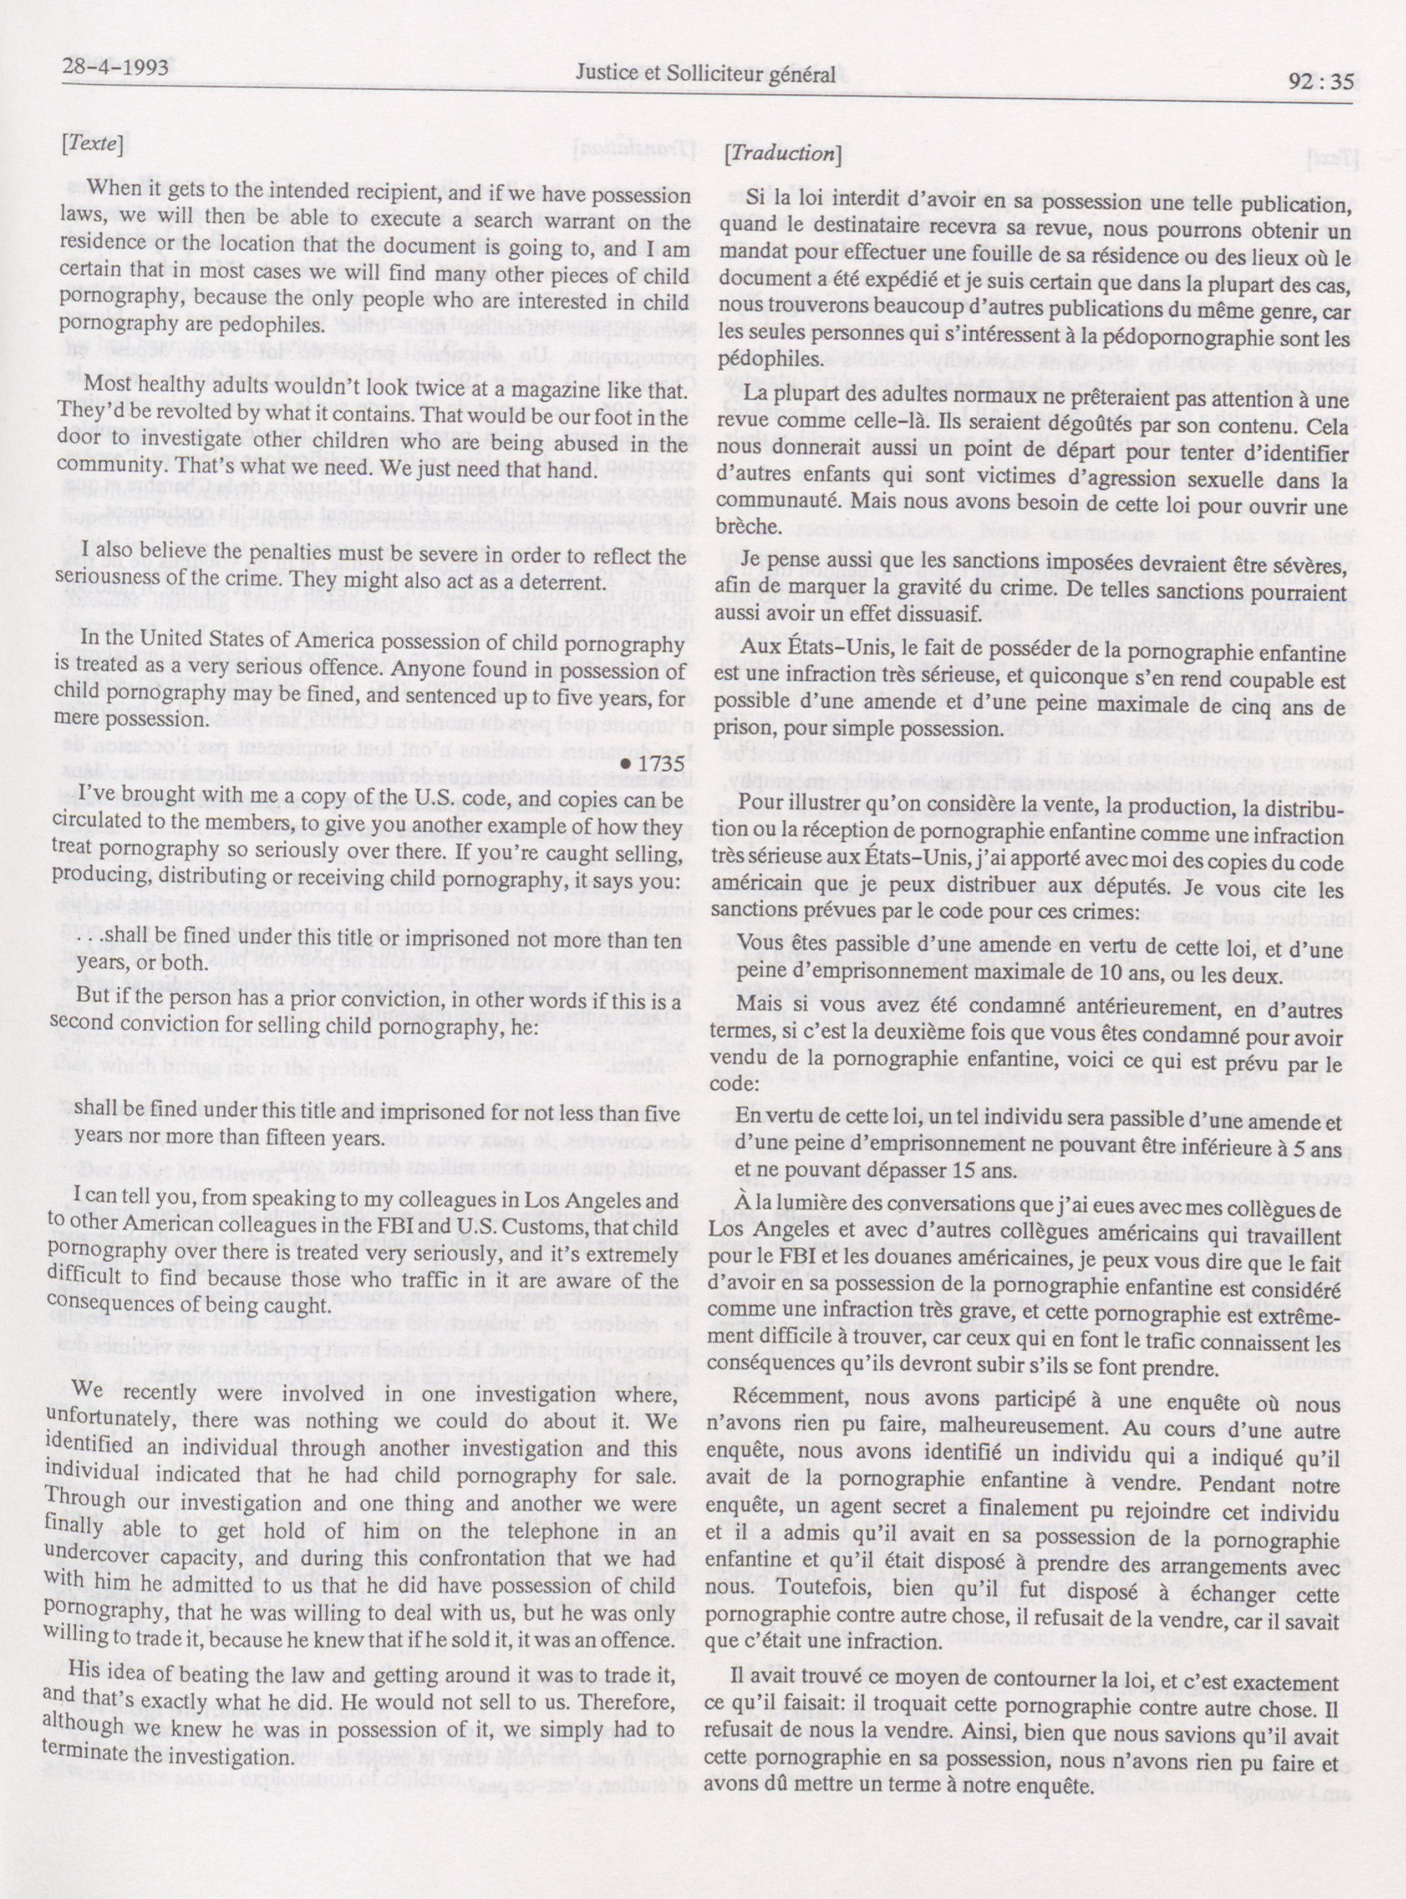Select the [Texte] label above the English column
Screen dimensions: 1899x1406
tap(93, 146)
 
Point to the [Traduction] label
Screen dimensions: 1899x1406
tap(781, 153)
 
